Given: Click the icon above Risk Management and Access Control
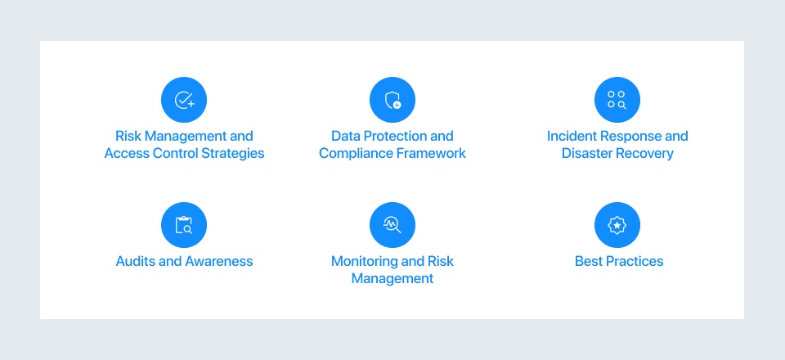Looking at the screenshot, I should click(x=184, y=101).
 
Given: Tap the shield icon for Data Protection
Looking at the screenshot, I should click(x=392, y=101).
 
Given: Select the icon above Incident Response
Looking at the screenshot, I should click(x=617, y=101).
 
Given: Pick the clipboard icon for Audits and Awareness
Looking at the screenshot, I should click(x=184, y=225).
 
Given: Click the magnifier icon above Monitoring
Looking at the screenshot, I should click(x=392, y=225).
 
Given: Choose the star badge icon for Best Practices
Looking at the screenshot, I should click(x=617, y=225).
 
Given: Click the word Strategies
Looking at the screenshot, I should click(x=234, y=154).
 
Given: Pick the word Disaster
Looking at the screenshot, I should click(x=587, y=154).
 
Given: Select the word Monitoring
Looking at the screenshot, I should click(x=366, y=262).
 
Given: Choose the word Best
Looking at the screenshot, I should click(x=589, y=262).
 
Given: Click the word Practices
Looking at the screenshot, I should click(x=635, y=262).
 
